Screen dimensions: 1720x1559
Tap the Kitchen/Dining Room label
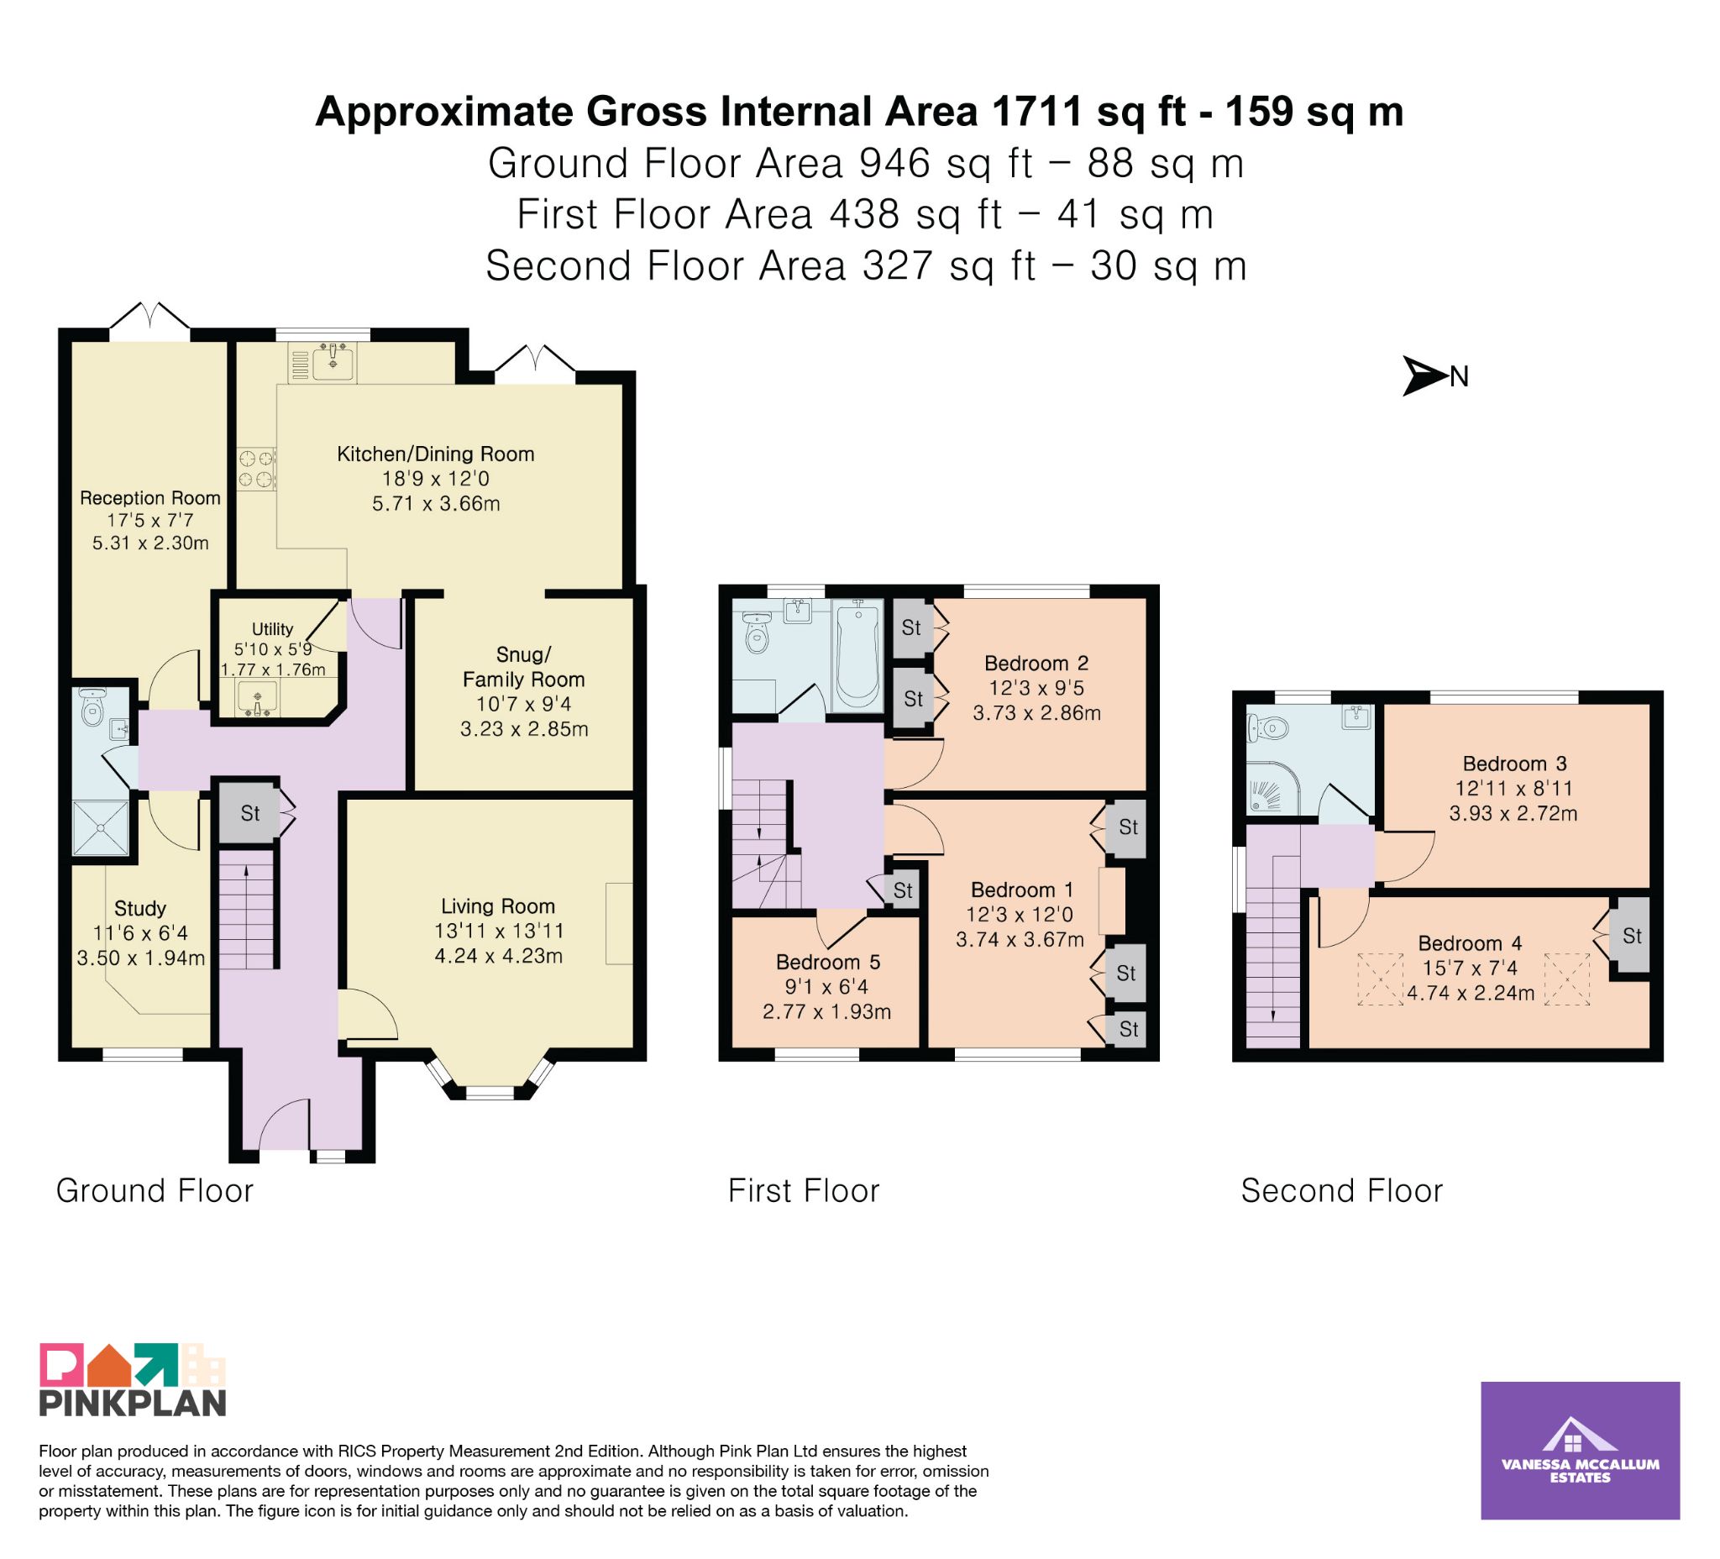435,454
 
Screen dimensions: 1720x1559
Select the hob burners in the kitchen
257,470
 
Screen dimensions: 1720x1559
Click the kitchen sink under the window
333,362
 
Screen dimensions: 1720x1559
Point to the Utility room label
272,629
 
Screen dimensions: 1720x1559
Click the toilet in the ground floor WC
92,706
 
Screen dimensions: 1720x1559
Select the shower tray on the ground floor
102,827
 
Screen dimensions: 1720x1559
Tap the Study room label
140,908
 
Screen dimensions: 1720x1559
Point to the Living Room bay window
490,1079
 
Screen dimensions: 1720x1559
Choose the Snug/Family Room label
524,667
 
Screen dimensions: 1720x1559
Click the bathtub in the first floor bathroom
859,654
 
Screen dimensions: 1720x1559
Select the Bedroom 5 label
827,962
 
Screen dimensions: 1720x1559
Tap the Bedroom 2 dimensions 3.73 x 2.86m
1036,712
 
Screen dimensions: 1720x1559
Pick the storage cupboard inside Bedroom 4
1630,936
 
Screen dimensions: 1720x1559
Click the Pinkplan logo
132,1380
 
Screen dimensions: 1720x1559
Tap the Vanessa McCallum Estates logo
1580,1450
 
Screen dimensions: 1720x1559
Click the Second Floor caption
1341,1190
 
